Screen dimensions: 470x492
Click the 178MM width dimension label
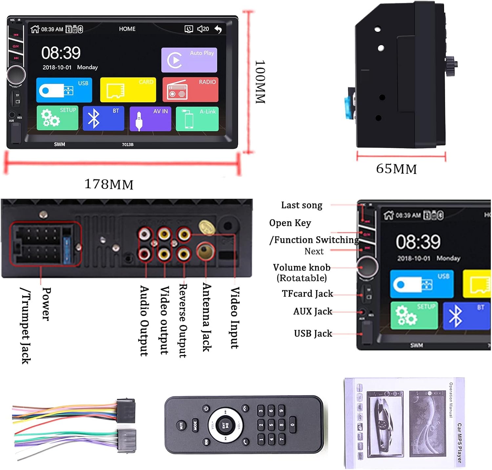click(x=109, y=184)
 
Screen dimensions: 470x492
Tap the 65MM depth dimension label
click(x=396, y=169)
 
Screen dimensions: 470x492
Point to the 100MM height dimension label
click(x=260, y=82)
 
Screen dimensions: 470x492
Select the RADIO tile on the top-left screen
click(x=190, y=90)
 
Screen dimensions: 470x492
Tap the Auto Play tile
click(x=189, y=60)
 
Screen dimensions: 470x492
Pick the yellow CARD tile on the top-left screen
click(x=128, y=90)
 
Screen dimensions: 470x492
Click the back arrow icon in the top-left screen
click(x=218, y=29)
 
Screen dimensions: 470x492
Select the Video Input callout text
click(x=234, y=318)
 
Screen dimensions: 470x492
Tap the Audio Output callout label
click(x=144, y=321)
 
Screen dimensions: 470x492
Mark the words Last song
click(x=301, y=205)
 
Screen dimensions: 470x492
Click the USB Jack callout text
click(x=313, y=333)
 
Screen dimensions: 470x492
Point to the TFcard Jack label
click(x=307, y=293)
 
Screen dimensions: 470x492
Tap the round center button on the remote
click(x=226, y=425)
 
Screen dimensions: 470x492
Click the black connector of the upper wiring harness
click(x=126, y=410)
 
